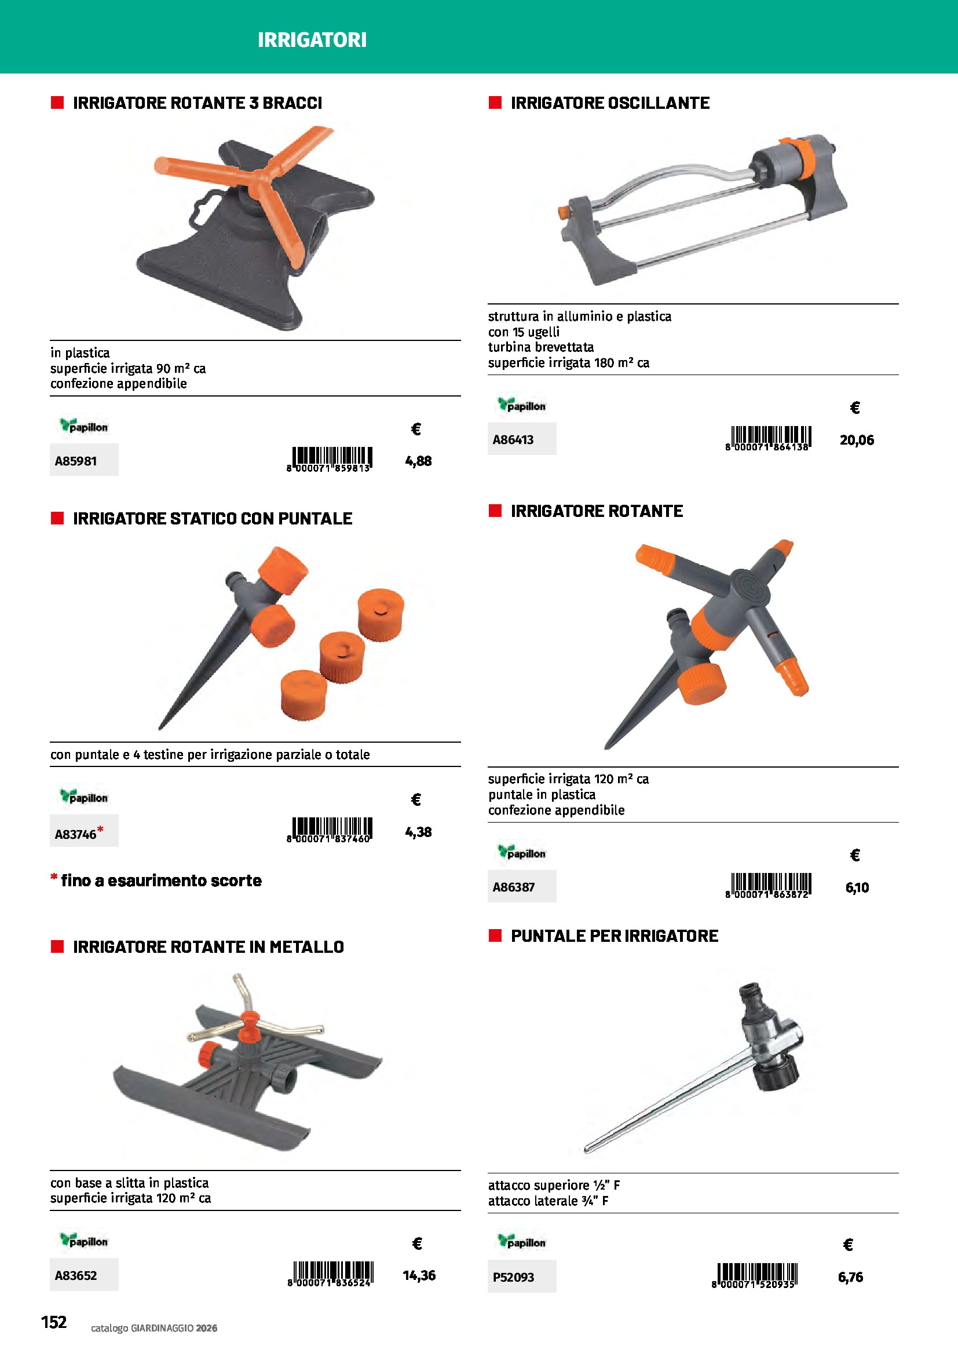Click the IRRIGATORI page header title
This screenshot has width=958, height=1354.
pos(312,40)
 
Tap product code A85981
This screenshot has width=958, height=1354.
pos(75,461)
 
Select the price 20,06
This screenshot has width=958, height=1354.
pos(857,440)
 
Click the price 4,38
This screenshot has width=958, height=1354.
pos(418,832)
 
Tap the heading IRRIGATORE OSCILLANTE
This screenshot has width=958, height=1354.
pos(610,103)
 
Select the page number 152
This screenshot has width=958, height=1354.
pos(54,1322)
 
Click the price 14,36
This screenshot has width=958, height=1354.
pos(419,1275)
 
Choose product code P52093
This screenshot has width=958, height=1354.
pos(513,1277)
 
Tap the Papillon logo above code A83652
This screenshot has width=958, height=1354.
pos(83,1240)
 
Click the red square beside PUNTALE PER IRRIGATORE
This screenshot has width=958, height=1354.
pos(495,935)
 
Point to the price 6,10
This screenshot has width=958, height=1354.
pos(857,887)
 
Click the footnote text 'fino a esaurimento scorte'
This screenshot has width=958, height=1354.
pos(161,880)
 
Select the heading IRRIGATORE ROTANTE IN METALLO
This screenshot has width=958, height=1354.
pos(209,946)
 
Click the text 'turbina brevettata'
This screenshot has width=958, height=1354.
pos(541,347)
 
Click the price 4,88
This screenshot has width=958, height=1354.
pos(418,461)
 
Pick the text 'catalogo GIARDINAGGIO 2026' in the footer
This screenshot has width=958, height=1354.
pos(154,1328)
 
